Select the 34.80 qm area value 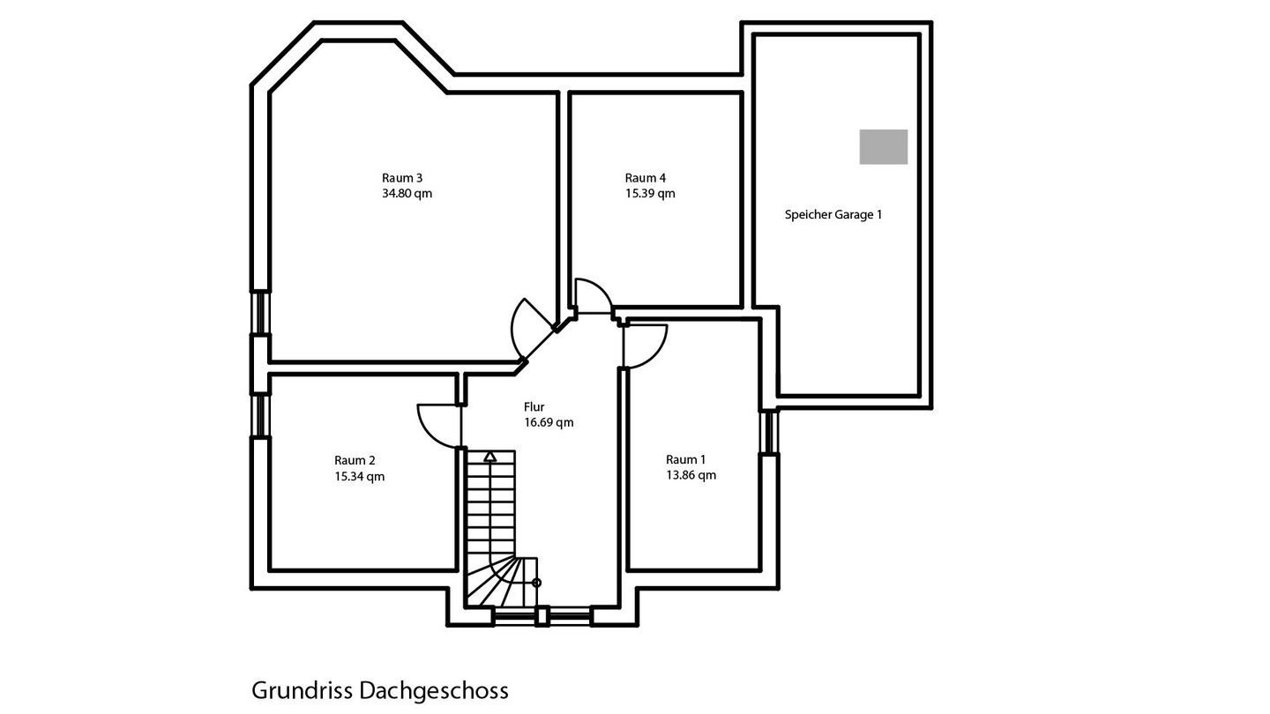407,194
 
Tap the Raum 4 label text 645,178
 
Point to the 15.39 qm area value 650,194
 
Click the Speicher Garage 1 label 833,214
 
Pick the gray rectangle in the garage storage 883,146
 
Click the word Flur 534,407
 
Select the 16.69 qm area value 549,423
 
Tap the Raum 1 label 685,459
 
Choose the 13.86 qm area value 691,475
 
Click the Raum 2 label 355,460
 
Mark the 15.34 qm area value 359,477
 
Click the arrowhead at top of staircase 489,457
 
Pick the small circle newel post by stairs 536,583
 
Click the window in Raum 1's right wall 770,432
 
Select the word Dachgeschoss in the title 433,690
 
